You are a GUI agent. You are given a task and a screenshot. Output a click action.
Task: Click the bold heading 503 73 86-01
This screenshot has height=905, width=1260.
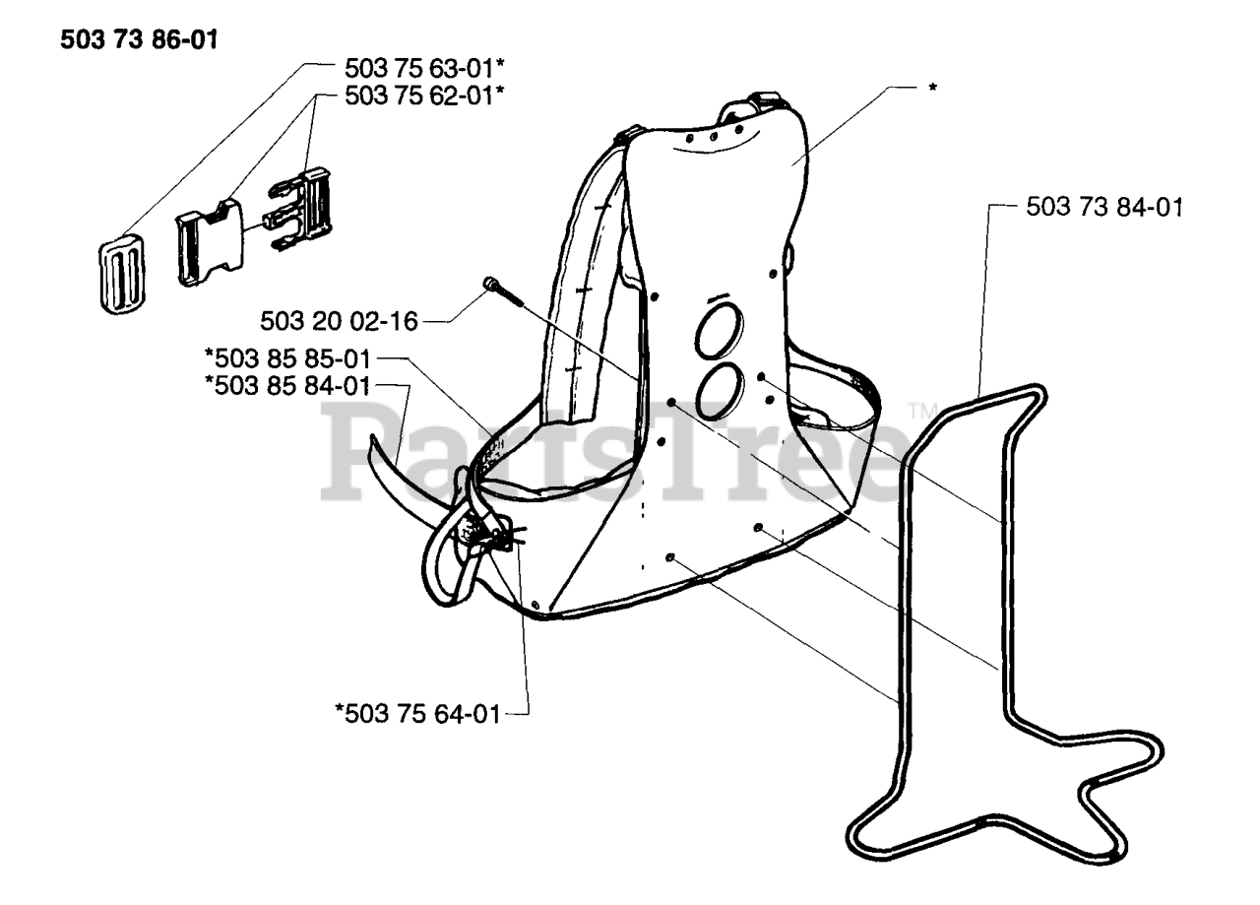pos(139,41)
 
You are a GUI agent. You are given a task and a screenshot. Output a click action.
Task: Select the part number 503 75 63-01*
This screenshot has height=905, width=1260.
pos(417,70)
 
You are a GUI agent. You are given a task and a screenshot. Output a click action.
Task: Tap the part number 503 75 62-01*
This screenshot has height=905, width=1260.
pos(417,96)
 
